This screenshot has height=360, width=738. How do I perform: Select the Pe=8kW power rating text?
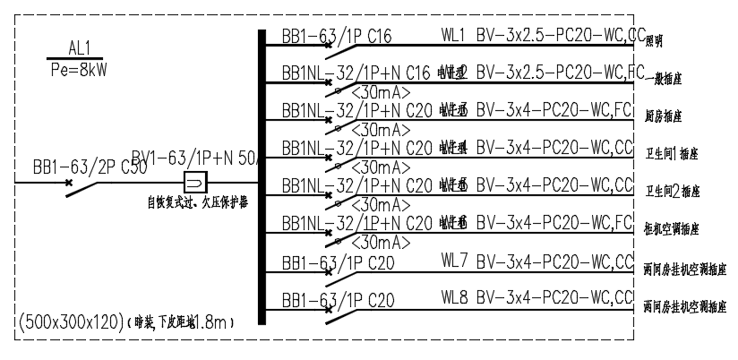coord(80,67)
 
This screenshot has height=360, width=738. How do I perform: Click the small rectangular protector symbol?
coord(196,179)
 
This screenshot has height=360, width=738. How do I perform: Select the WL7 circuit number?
coord(454,261)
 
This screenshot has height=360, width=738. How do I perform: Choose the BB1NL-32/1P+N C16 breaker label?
coord(356,72)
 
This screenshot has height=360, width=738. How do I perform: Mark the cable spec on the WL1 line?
coord(561,36)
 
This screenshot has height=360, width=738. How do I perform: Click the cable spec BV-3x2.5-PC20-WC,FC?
coord(561,72)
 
